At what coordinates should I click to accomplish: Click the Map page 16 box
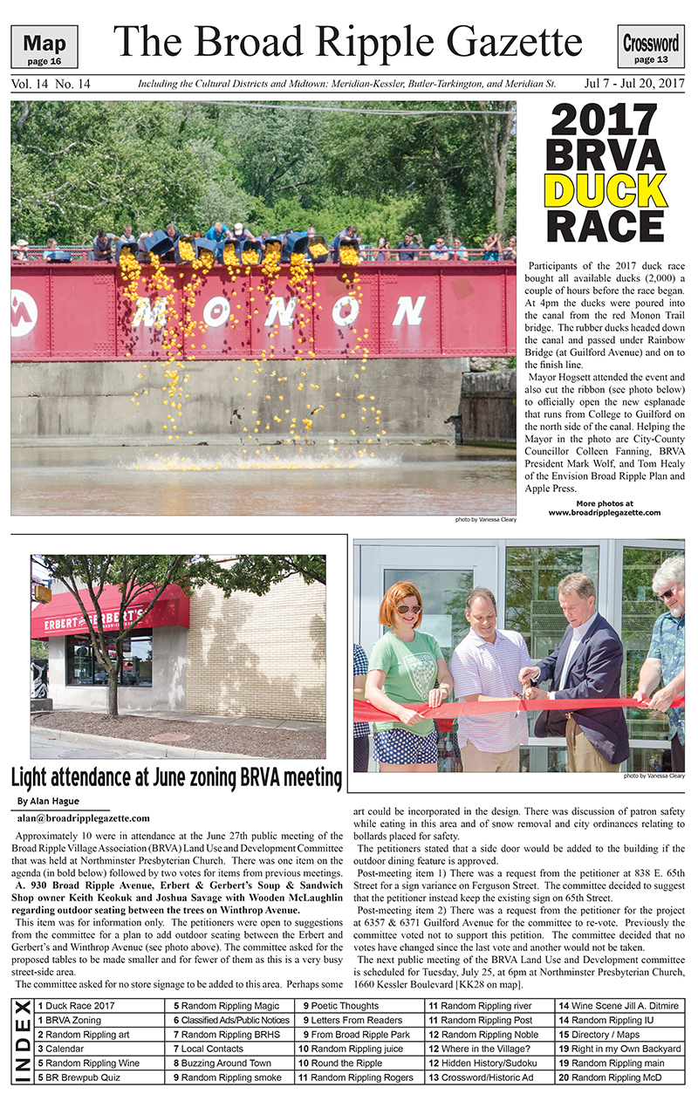44,47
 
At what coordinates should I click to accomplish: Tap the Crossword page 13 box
651,47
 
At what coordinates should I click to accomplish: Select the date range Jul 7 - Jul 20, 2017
633,85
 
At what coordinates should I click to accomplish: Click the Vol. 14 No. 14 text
51,85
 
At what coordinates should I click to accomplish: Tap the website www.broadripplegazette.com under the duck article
604,513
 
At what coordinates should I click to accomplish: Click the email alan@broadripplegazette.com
83,817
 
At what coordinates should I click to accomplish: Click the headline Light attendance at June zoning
175,776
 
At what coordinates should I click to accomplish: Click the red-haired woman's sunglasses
408,609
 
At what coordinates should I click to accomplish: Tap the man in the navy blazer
580,672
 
